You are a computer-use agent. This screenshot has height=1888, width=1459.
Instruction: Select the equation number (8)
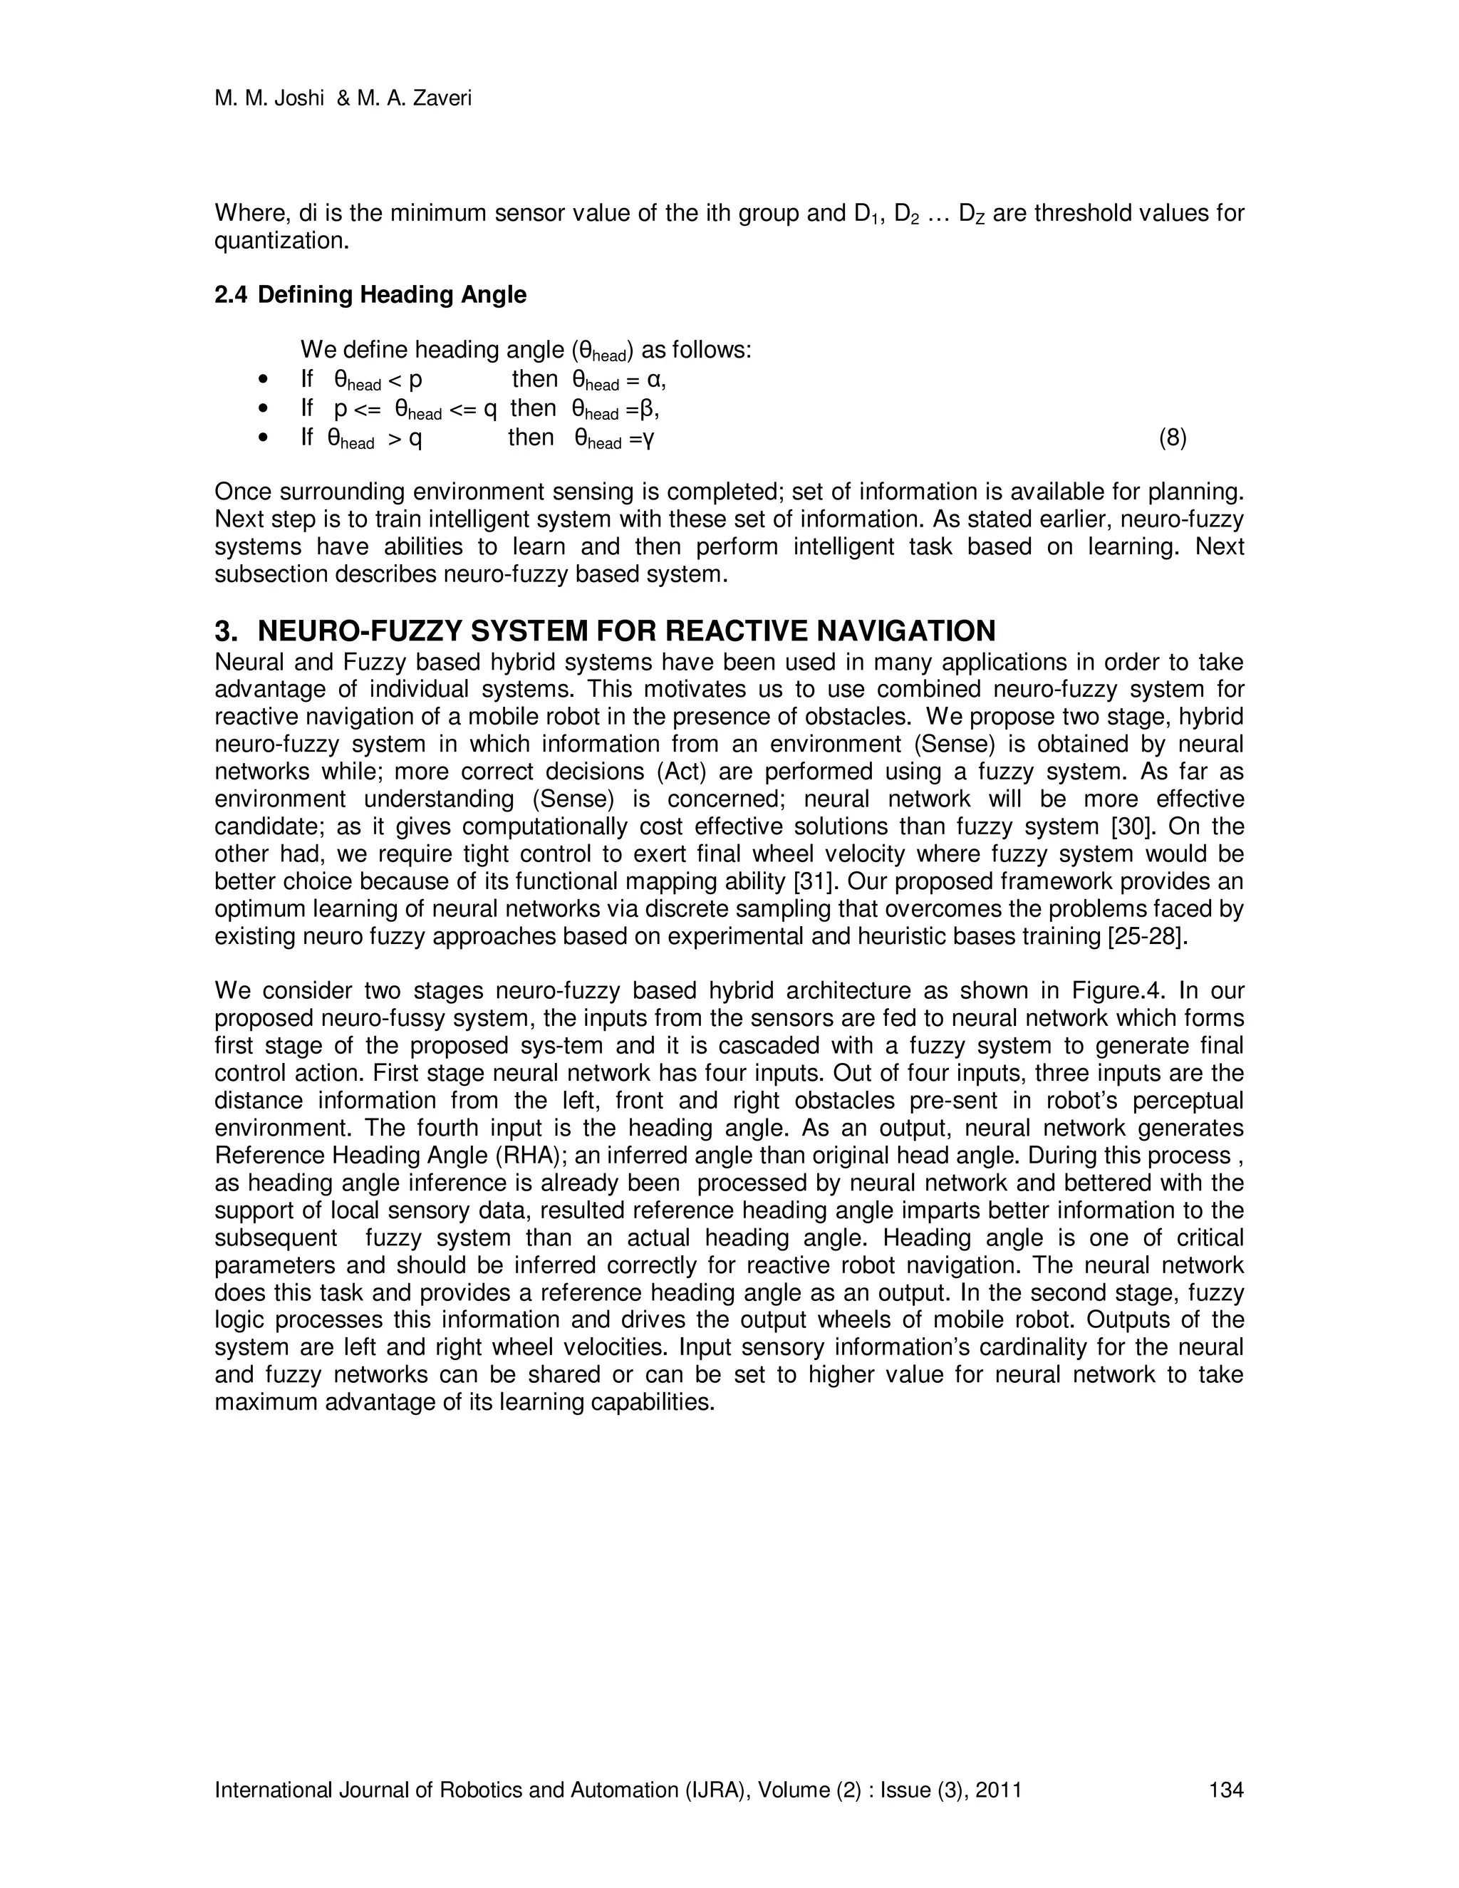(x=1172, y=438)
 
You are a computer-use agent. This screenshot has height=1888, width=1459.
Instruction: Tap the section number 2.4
(x=230, y=296)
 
